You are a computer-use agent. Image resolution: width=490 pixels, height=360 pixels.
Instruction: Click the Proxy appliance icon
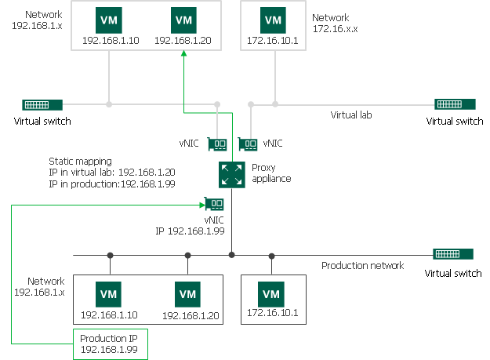click(x=231, y=173)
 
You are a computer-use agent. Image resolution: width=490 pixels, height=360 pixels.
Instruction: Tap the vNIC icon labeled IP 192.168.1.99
click(x=216, y=204)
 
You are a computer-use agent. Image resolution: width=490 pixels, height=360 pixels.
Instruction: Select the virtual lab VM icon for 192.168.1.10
click(x=109, y=20)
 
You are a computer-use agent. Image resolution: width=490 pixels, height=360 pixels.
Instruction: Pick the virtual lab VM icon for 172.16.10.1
click(x=273, y=20)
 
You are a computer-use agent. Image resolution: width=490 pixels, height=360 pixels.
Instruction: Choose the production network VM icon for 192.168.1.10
click(x=109, y=294)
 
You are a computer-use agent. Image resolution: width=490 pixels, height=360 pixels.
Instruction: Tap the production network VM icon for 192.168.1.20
click(x=187, y=294)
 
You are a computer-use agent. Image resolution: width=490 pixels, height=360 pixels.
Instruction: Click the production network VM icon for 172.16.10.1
click(x=271, y=294)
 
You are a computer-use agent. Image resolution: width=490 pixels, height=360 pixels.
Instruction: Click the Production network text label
click(x=362, y=266)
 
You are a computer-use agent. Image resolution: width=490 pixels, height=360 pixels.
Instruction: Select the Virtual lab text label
click(x=350, y=115)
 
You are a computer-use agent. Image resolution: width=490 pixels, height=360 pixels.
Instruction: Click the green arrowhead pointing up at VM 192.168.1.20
click(x=183, y=53)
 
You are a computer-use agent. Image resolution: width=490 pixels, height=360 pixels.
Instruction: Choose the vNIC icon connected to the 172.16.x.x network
click(x=248, y=144)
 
